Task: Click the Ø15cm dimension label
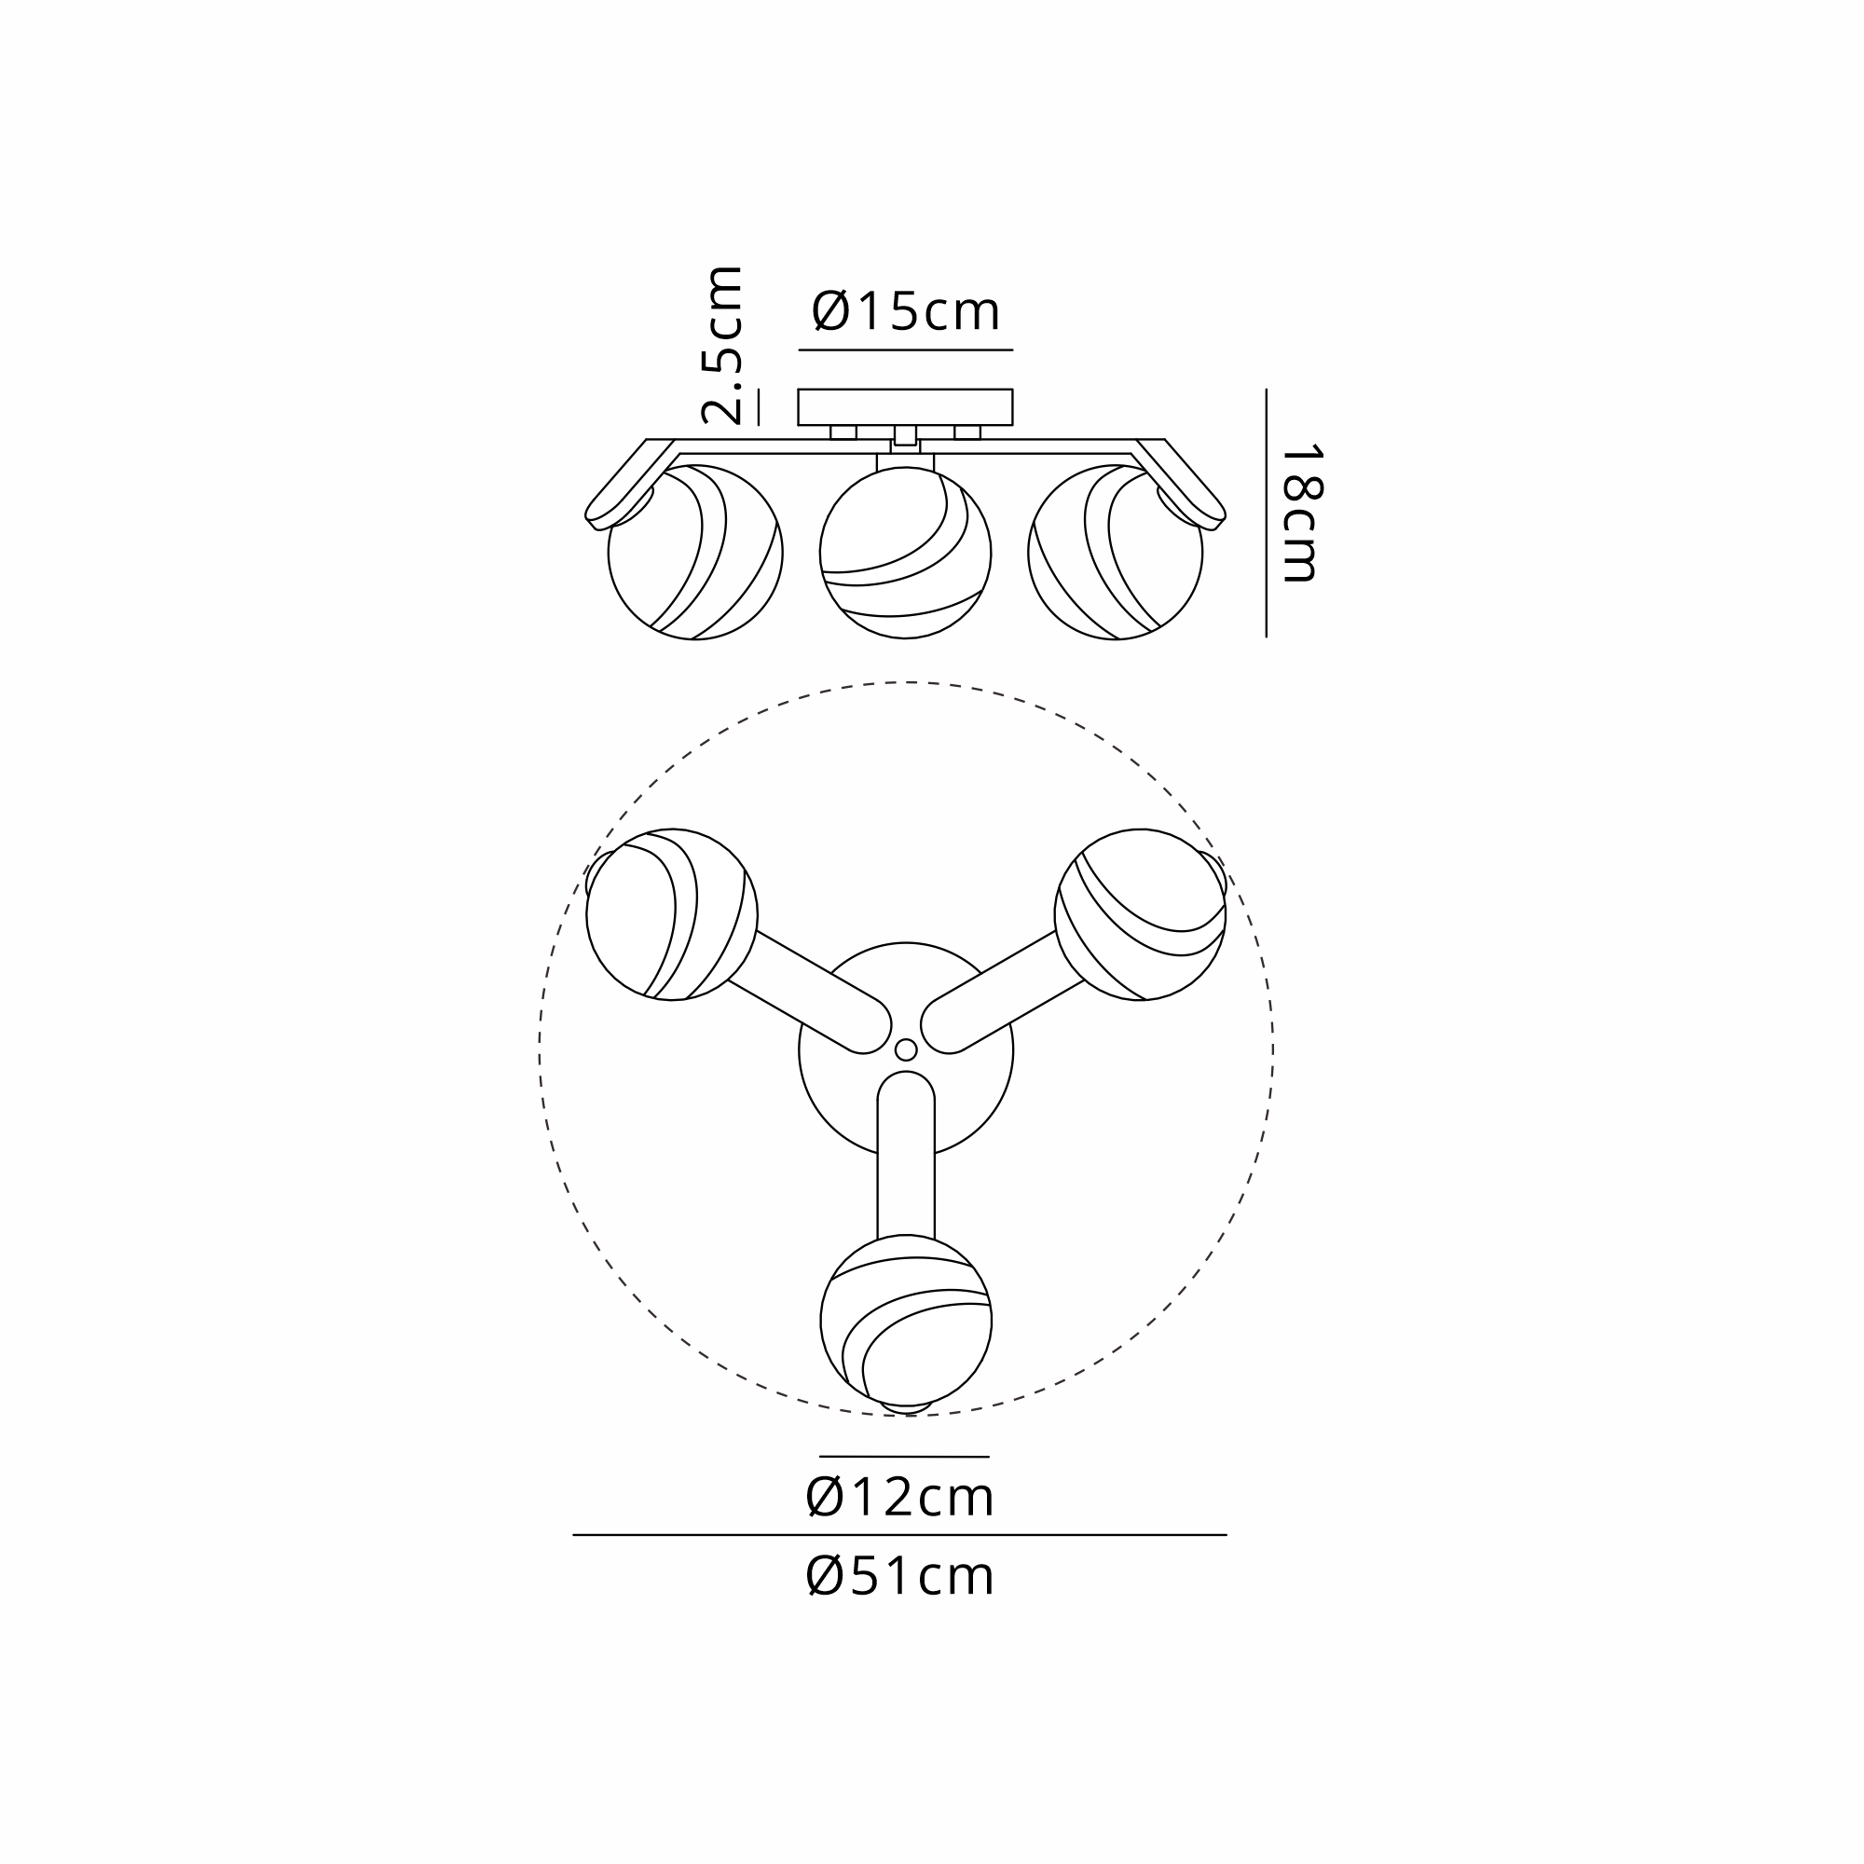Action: tap(905, 310)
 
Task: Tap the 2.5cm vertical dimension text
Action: tap(722, 346)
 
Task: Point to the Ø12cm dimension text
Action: tap(899, 1498)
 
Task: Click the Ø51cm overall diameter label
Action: tap(899, 1577)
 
